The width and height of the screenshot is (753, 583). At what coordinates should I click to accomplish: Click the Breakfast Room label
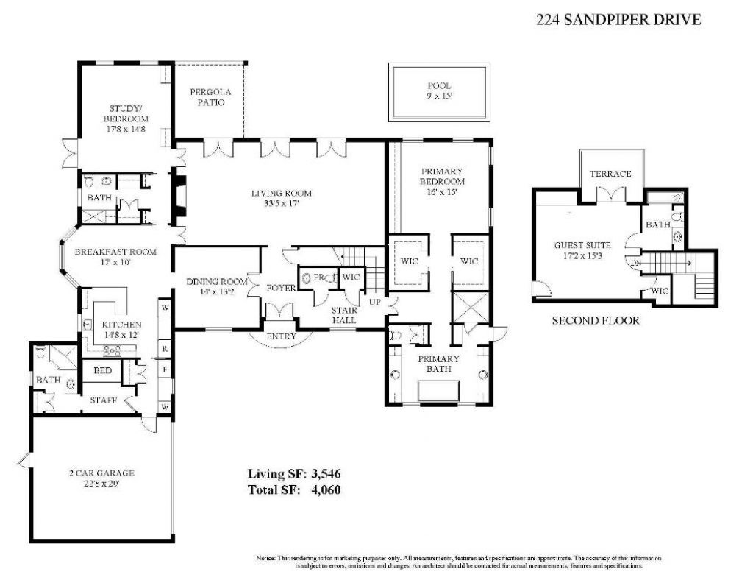tap(116, 252)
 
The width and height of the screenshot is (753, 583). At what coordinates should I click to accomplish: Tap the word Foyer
tap(281, 287)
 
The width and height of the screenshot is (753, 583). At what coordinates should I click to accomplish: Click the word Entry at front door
tap(282, 336)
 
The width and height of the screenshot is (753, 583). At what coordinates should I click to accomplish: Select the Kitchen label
tap(121, 325)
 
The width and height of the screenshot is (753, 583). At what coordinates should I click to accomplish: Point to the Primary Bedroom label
tap(443, 175)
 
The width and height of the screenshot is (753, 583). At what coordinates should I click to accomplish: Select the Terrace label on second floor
tap(611, 174)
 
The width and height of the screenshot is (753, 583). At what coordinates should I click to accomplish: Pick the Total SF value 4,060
tap(324, 489)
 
